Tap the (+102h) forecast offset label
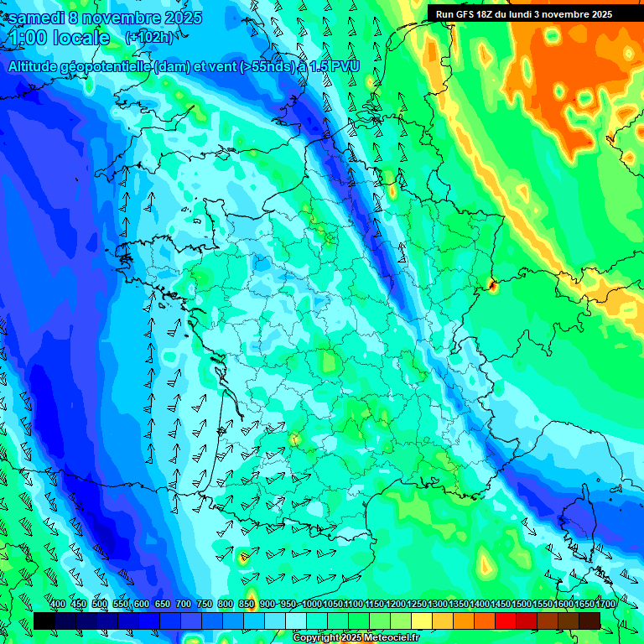click(149, 37)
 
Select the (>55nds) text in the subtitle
click(263, 66)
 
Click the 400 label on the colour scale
click(58, 605)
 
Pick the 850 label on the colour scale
click(247, 605)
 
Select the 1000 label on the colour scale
click(311, 605)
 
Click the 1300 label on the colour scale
click(437, 605)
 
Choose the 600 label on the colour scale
click(142, 605)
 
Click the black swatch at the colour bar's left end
click(44, 621)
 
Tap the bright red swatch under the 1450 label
click(506, 621)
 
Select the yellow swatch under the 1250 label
click(422, 621)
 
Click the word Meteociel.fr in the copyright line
click(388, 638)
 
